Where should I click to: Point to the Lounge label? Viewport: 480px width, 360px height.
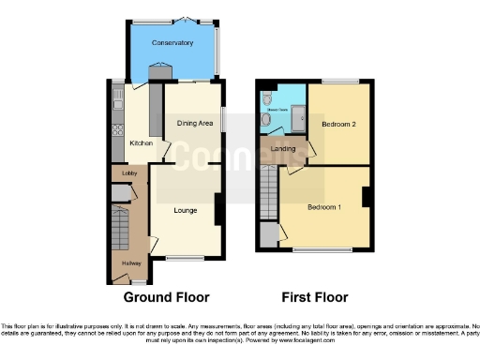[185, 210]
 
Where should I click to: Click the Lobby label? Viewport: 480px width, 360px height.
[123, 174]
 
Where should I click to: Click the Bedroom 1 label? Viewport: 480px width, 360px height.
[322, 205]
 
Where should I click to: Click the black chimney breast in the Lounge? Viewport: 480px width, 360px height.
[217, 207]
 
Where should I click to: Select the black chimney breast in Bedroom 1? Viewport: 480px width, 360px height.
[367, 197]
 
